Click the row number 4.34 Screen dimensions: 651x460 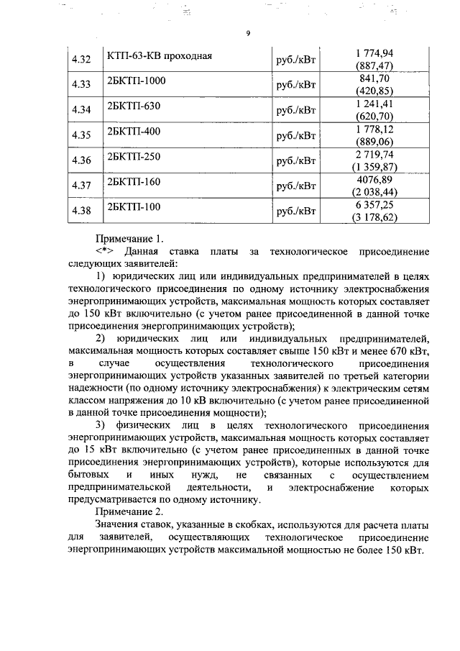point(81,111)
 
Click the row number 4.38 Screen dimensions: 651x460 point(81,211)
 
